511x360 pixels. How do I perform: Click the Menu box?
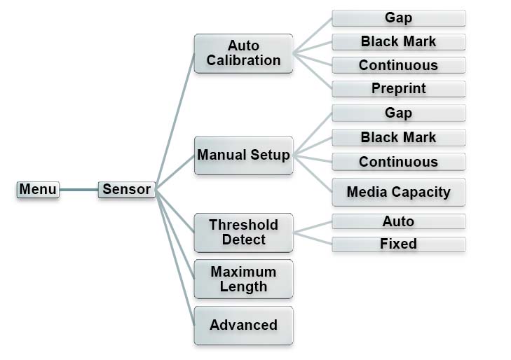click(38, 189)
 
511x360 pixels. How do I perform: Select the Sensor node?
click(126, 189)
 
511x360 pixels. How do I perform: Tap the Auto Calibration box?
click(243, 53)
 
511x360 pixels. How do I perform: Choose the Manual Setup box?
click(243, 155)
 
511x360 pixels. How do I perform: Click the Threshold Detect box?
click(243, 233)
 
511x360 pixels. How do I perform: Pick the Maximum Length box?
click(243, 279)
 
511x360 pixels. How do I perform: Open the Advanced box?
click(243, 325)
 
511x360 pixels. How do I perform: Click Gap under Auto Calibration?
click(398, 18)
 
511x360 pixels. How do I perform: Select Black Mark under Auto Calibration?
click(398, 41)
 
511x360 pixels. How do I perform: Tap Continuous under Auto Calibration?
click(398, 65)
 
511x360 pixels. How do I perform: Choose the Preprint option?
click(398, 89)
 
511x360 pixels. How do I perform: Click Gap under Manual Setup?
click(398, 113)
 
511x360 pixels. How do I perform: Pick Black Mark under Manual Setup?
click(398, 137)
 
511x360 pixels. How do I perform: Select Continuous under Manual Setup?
click(398, 162)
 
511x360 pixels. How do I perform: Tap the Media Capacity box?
click(398, 192)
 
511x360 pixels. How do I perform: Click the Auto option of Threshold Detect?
click(398, 221)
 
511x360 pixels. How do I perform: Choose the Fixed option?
click(398, 244)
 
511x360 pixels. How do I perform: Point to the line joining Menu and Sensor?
click(79, 189)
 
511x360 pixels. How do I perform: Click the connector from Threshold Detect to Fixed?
click(313, 239)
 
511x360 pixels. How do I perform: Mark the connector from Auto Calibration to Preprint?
click(313, 71)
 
